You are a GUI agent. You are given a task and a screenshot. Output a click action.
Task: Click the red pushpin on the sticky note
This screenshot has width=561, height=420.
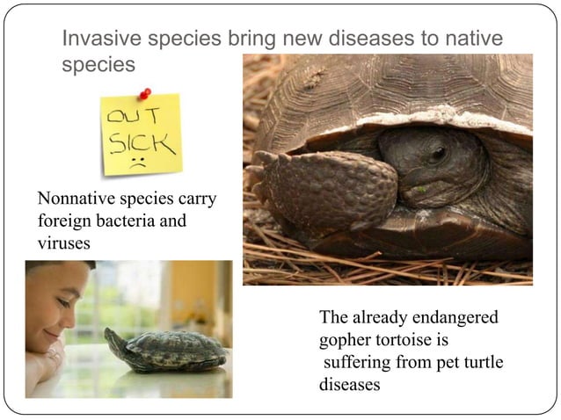click(x=144, y=94)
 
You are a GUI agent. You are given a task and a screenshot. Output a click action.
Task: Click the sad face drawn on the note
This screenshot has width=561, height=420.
click(x=137, y=163)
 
